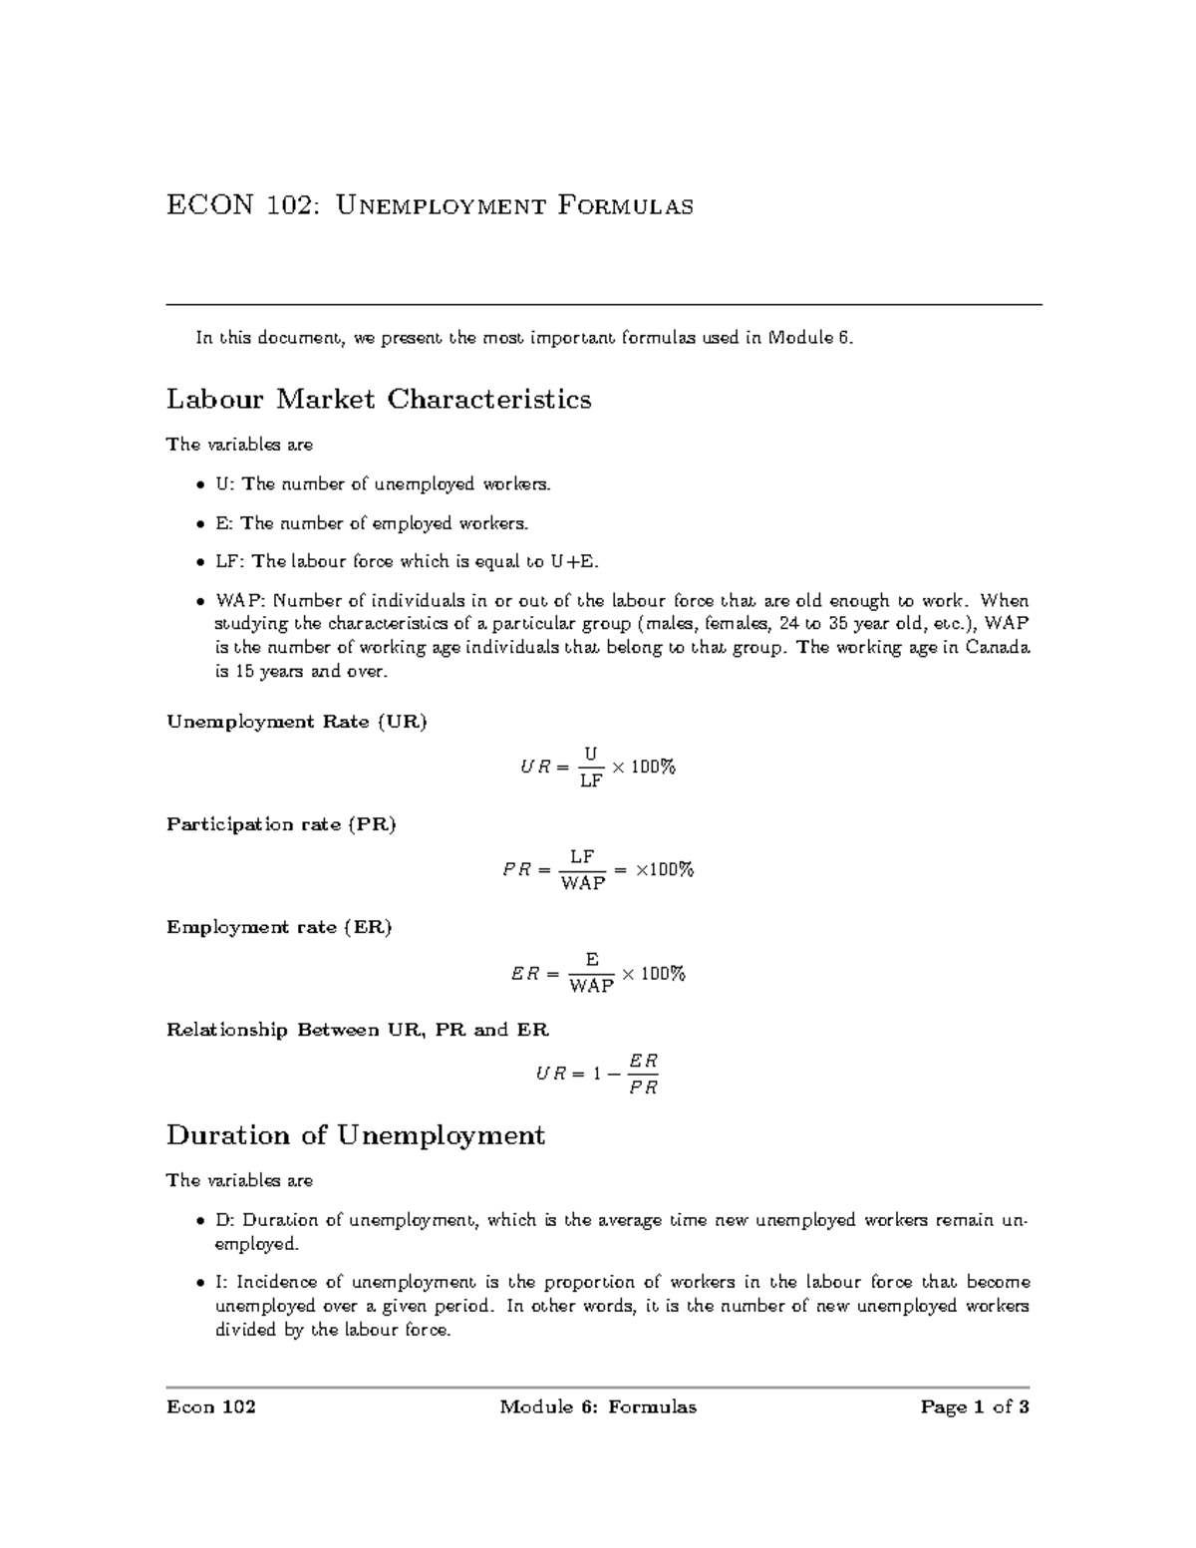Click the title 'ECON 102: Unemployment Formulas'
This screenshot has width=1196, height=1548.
point(430,206)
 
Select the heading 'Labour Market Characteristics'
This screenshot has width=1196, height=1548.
point(379,400)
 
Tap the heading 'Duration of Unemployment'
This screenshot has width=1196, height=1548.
point(356,1135)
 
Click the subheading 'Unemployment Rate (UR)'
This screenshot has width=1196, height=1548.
point(297,722)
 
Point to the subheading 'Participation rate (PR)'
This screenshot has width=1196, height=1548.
point(282,824)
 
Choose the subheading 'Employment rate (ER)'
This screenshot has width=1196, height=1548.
point(279,927)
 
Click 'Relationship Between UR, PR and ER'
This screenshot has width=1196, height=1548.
point(358,1030)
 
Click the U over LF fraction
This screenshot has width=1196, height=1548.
point(591,767)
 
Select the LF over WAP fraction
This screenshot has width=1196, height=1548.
point(583,870)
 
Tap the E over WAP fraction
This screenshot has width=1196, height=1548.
point(591,973)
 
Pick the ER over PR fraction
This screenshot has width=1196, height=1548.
point(643,1075)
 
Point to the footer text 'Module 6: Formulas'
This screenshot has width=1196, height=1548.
point(598,1406)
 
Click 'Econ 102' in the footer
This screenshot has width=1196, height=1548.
point(211,1406)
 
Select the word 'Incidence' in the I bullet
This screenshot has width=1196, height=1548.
point(274,1282)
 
